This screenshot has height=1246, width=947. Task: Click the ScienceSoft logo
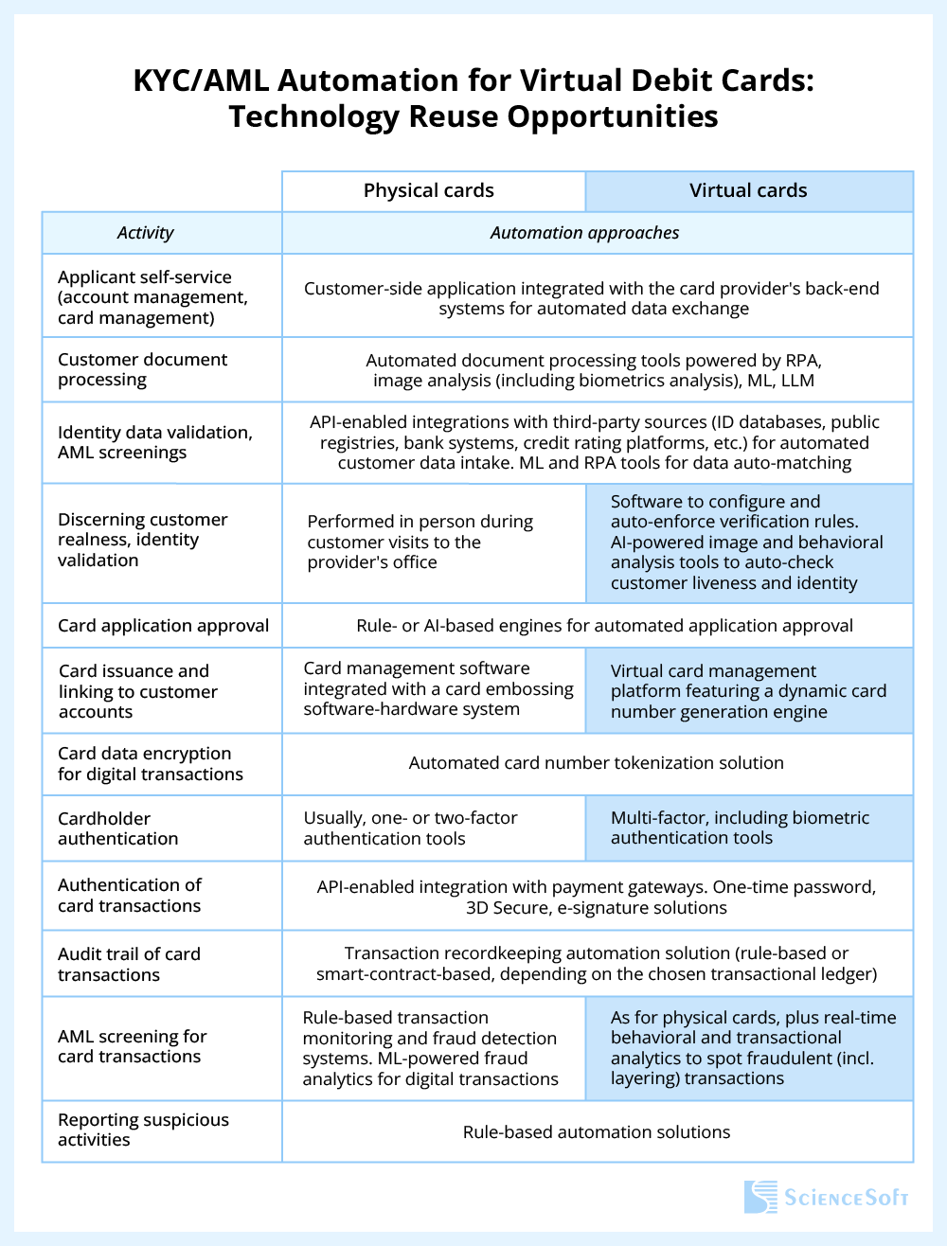click(826, 1197)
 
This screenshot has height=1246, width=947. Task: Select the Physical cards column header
click(429, 190)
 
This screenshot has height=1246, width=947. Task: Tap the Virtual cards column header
click(748, 190)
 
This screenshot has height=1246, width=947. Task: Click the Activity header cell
click(145, 233)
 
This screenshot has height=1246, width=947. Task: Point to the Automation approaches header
click(584, 233)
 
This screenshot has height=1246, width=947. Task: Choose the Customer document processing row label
click(143, 369)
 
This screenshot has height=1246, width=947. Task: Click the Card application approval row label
click(163, 626)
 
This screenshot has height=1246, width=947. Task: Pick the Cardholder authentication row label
click(118, 828)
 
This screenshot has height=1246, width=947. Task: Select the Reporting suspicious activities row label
click(143, 1130)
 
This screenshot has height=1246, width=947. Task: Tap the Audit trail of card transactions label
click(129, 964)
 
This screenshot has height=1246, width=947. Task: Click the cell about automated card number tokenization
click(597, 763)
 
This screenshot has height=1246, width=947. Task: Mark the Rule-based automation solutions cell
click(597, 1132)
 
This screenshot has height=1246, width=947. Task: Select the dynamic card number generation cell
click(748, 691)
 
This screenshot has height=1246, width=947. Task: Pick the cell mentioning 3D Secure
click(597, 898)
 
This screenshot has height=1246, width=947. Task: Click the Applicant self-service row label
click(152, 297)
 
